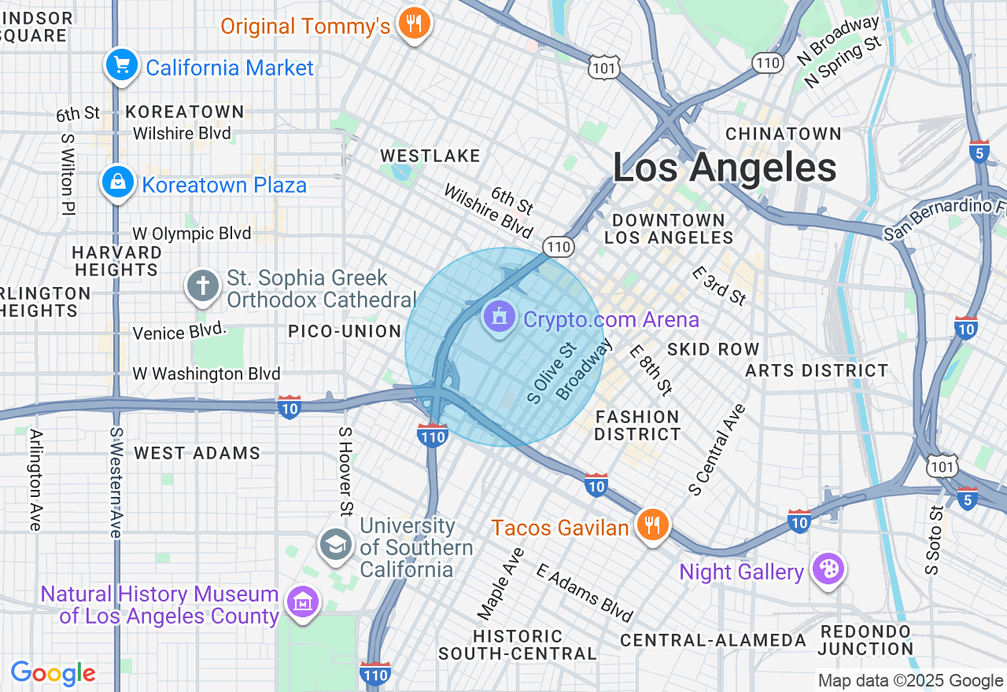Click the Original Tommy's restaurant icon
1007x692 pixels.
(x=413, y=24)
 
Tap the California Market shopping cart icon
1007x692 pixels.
(x=121, y=66)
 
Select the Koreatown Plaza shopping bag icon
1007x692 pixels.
(x=117, y=183)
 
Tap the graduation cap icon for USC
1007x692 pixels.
(x=336, y=544)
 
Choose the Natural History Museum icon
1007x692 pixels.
(x=302, y=603)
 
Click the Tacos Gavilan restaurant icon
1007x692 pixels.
(x=651, y=525)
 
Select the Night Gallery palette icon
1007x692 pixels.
(x=828, y=570)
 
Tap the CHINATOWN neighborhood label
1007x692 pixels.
(x=783, y=134)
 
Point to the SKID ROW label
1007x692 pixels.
(x=713, y=349)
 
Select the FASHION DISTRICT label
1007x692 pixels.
(x=637, y=425)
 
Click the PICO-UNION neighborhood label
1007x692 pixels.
(x=345, y=331)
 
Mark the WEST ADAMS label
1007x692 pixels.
(x=197, y=453)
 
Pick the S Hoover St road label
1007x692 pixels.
(x=345, y=472)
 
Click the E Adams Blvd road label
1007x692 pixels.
(x=585, y=592)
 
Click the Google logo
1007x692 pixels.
(x=53, y=674)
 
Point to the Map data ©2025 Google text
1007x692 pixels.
(x=910, y=681)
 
